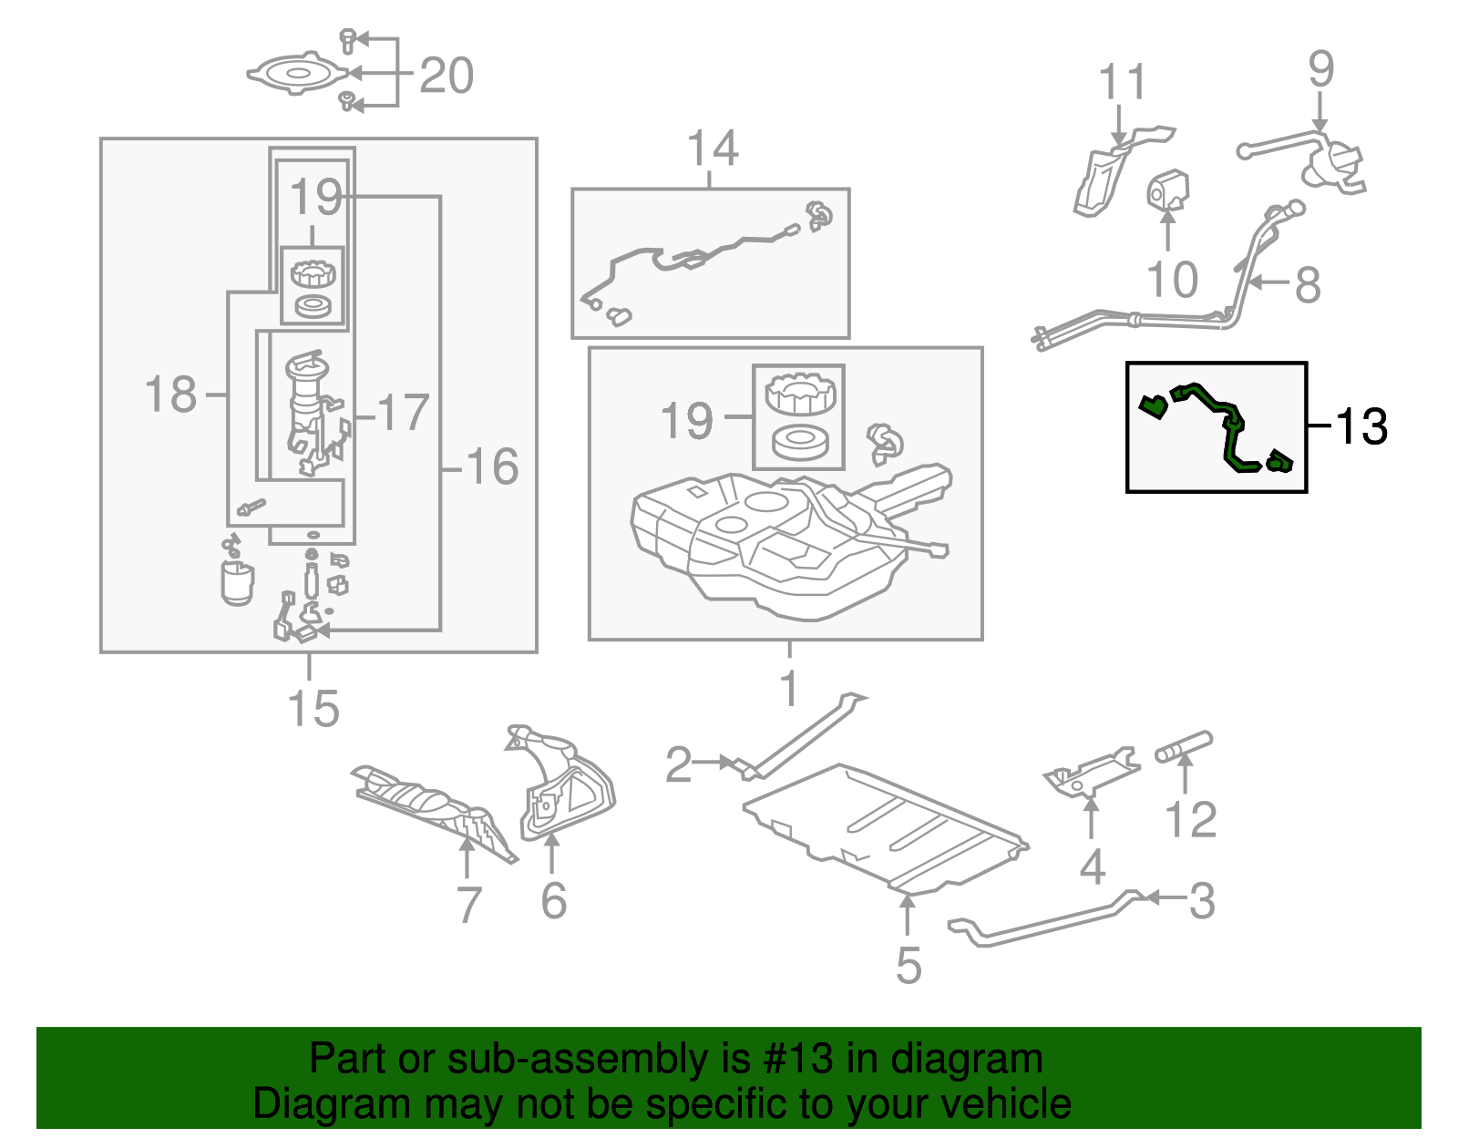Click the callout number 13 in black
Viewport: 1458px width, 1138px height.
(1361, 426)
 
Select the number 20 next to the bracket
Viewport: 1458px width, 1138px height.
(447, 76)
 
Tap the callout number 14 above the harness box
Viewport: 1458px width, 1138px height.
(712, 149)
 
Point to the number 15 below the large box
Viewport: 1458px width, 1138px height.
(313, 710)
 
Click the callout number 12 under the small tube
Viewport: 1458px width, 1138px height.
(1190, 820)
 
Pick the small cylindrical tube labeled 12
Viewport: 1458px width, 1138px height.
(1184, 746)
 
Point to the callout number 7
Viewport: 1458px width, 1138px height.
(468, 905)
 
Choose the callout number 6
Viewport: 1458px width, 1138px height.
(553, 901)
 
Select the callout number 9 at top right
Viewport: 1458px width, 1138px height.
(1320, 70)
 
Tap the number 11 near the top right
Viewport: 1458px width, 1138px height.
(1122, 84)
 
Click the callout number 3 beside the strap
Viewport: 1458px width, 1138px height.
(1203, 901)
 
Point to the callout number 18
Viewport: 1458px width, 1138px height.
(170, 395)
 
